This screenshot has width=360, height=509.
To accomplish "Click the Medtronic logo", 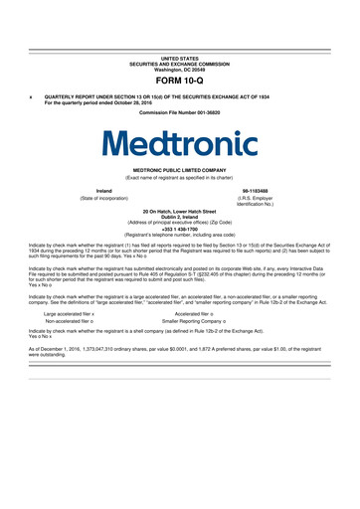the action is coord(180,145).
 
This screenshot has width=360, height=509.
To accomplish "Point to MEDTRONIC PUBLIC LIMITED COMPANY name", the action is coord(180,170).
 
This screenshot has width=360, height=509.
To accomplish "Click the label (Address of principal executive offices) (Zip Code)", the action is coord(180,223).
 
